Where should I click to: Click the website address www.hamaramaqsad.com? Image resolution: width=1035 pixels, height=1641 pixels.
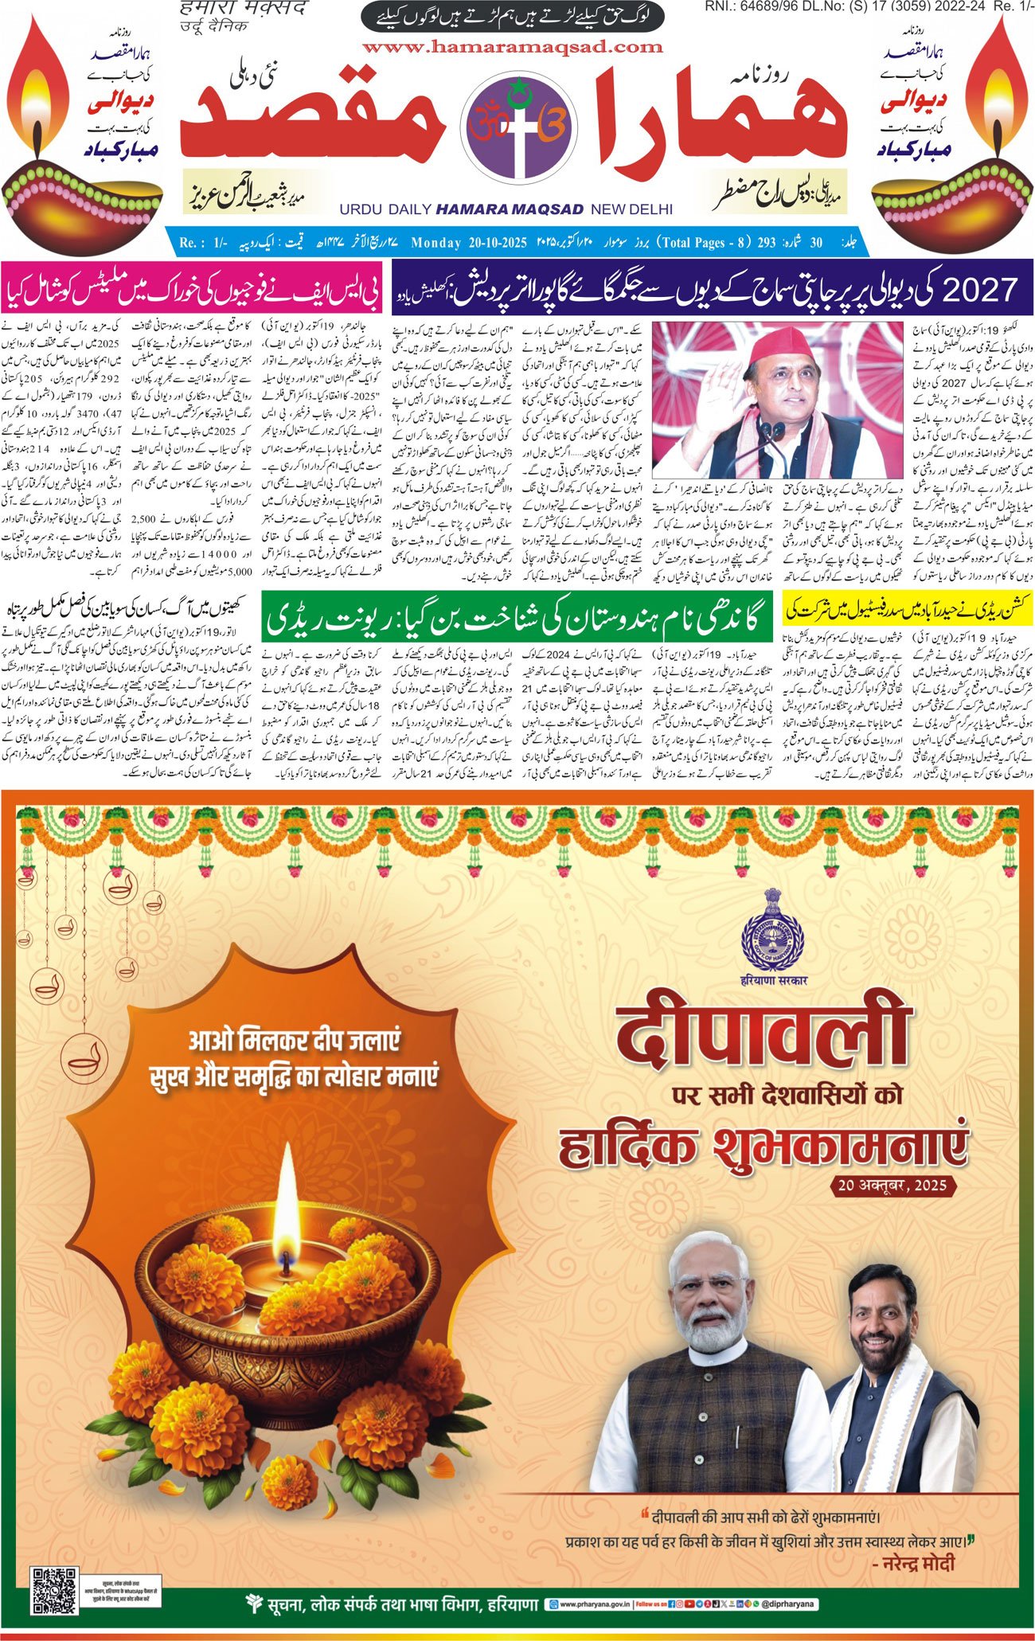click(513, 47)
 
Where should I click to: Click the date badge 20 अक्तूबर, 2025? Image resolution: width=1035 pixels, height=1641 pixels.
click(892, 1186)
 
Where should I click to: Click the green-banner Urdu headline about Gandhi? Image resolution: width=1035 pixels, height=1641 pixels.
click(517, 617)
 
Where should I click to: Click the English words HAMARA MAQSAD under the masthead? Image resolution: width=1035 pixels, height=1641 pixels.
click(510, 209)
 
